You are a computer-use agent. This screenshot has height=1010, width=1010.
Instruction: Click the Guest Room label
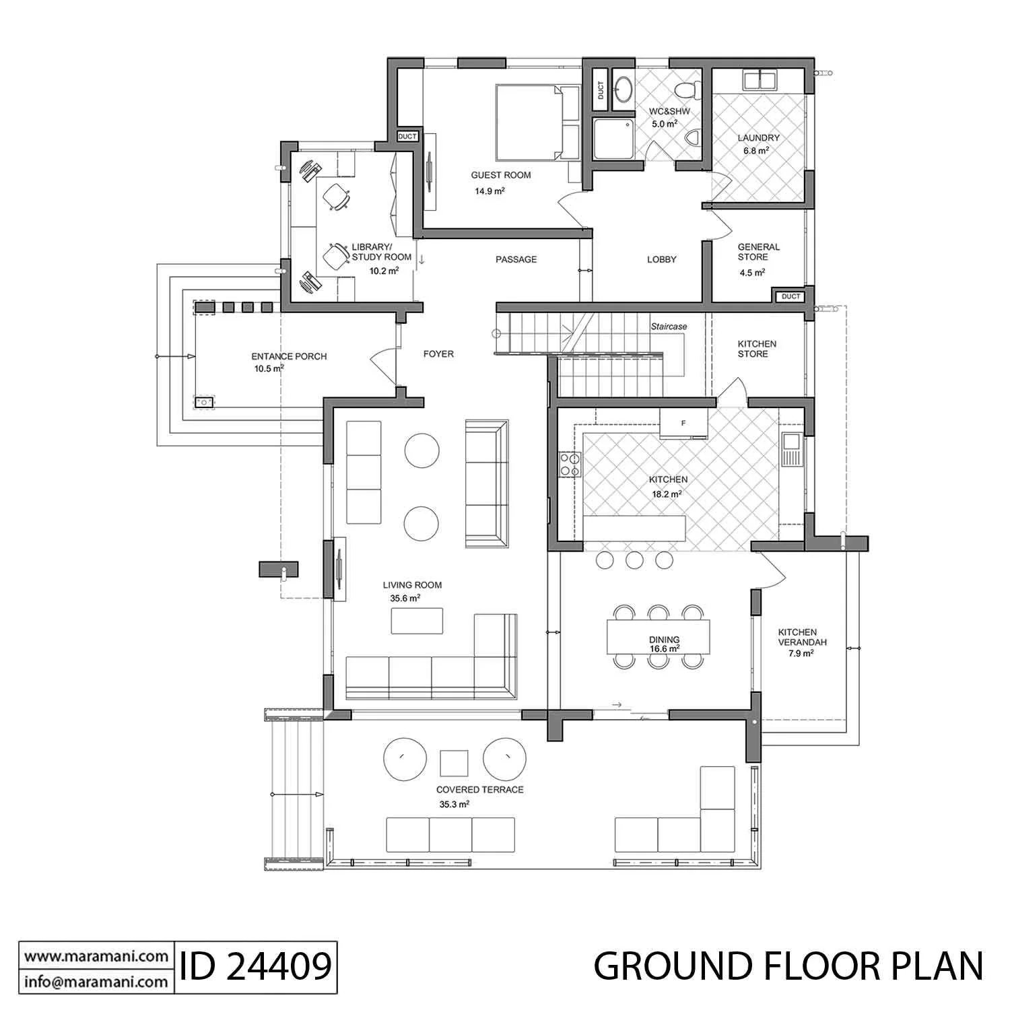click(x=501, y=175)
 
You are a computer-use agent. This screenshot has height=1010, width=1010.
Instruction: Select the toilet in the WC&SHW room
click(x=688, y=89)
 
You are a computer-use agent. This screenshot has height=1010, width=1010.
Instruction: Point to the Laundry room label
click(x=758, y=138)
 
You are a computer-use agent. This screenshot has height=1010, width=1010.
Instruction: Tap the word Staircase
click(x=669, y=327)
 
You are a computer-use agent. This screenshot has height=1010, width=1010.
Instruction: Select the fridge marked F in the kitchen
click(x=683, y=424)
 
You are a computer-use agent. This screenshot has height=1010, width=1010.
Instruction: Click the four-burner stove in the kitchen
click(x=570, y=464)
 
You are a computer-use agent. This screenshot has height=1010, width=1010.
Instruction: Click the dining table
click(x=659, y=636)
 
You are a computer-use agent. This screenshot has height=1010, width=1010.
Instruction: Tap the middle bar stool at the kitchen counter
click(x=634, y=560)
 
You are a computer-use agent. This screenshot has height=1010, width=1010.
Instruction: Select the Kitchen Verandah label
click(x=797, y=637)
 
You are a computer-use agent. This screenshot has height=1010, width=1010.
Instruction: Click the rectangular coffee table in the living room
click(x=417, y=621)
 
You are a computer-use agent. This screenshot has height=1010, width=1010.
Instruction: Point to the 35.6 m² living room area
click(x=405, y=598)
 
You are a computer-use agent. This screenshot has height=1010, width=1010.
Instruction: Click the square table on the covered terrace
click(x=454, y=763)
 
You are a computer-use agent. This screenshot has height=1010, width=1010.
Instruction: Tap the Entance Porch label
click(x=289, y=356)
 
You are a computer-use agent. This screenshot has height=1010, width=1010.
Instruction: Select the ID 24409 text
click(x=256, y=966)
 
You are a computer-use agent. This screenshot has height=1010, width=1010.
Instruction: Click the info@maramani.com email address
click(x=96, y=981)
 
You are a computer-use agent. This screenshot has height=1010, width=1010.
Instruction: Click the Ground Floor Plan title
click(x=788, y=966)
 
